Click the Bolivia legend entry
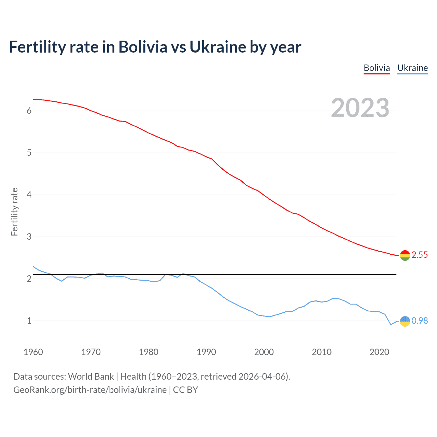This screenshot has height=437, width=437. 377,68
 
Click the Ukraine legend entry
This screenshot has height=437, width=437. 412,68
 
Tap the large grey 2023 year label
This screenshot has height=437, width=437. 360,108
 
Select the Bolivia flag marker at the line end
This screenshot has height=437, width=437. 405,255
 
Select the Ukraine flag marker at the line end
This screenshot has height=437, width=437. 405,321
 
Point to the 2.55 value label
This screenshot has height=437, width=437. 420,255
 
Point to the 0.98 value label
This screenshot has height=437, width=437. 420,321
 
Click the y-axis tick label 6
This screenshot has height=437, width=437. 29,111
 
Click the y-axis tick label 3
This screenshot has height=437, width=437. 29,237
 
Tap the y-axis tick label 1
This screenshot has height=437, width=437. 29,321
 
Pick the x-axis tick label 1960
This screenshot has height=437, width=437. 33,352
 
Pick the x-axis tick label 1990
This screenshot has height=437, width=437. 206,352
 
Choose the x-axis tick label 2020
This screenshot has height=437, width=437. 379,352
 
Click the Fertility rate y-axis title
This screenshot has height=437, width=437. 14,212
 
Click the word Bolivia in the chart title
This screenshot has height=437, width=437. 143,47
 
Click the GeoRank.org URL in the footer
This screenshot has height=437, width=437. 90,390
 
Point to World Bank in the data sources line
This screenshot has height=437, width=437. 91,377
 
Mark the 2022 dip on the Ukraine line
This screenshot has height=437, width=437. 391,325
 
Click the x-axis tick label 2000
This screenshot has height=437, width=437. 264,352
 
